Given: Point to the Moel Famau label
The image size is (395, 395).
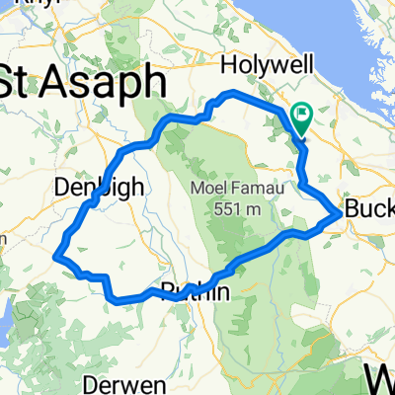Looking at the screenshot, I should pos(231,189).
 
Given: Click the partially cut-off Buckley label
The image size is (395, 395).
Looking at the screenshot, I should pos(367,210).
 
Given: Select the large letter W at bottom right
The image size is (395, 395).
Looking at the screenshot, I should pos(380,377).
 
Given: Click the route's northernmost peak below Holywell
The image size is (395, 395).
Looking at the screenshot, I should pos(231,93).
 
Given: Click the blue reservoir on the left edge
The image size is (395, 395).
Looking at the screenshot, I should pos(5,321).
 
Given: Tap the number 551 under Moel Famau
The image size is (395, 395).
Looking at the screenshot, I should pos(222,208).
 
